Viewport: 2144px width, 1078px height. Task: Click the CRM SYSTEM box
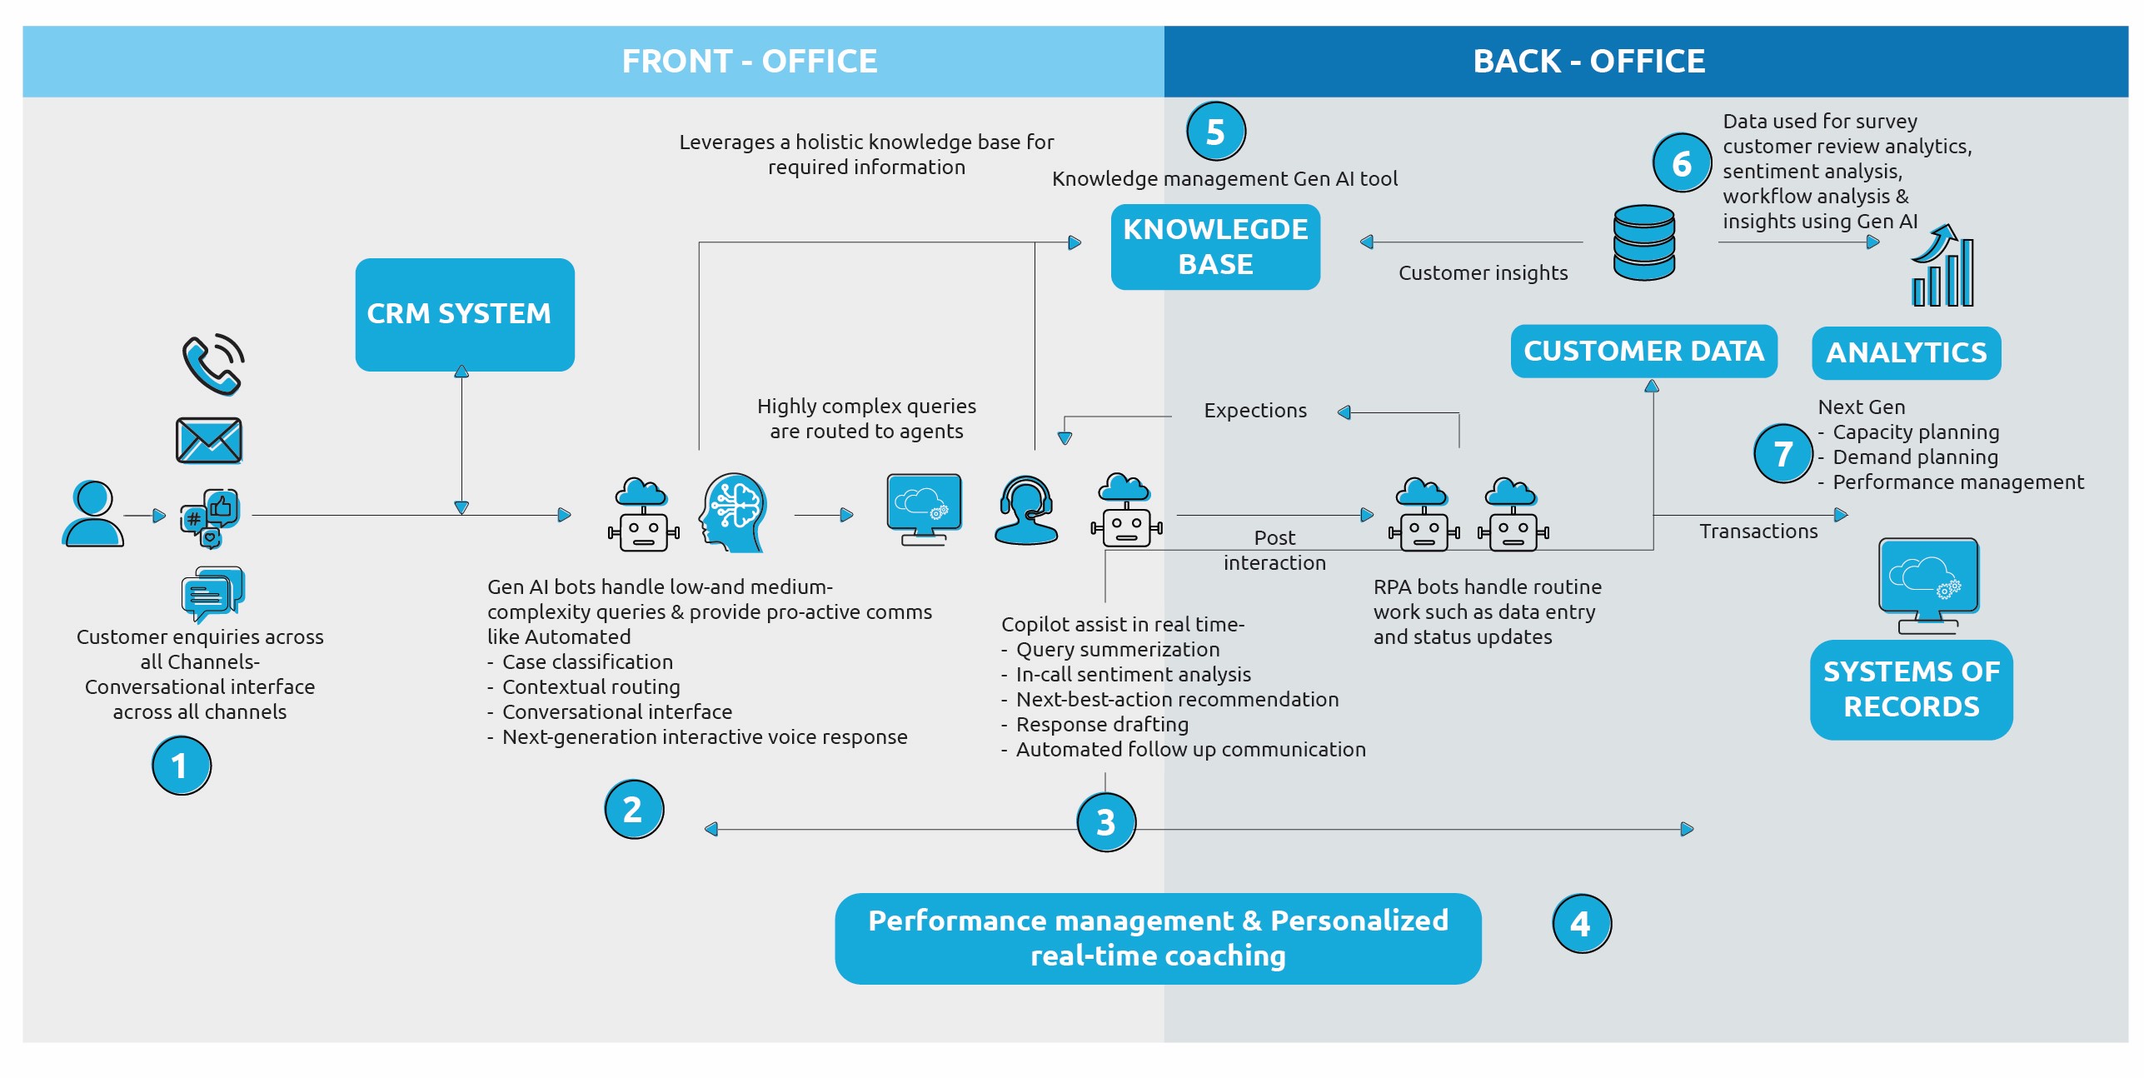click(464, 314)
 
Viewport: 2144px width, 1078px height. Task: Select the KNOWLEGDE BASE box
click(1214, 247)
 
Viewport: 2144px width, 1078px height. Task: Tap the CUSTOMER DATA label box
click(1643, 351)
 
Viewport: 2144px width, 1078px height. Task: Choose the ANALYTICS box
click(1905, 352)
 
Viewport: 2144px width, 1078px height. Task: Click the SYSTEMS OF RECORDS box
click(1910, 689)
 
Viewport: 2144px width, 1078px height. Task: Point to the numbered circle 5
click(1214, 132)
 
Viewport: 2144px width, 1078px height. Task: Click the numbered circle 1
click(181, 765)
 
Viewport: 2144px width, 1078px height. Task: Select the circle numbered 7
click(1782, 453)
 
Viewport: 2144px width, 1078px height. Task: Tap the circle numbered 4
click(1580, 923)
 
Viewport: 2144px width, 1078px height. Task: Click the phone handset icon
click(212, 364)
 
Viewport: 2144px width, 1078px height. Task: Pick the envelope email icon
click(208, 440)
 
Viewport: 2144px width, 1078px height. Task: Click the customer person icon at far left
click(92, 514)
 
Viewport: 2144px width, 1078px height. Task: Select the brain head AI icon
click(733, 512)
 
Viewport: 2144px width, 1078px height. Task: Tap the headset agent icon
click(1025, 510)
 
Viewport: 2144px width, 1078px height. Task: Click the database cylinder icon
click(1643, 242)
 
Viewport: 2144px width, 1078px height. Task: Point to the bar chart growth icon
click(1942, 267)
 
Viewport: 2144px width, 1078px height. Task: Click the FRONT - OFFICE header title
click(749, 61)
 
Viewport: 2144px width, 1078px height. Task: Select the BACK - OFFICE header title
click(1588, 61)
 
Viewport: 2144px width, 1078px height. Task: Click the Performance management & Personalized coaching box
click(1157, 938)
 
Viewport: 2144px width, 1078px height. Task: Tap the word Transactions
click(1758, 531)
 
